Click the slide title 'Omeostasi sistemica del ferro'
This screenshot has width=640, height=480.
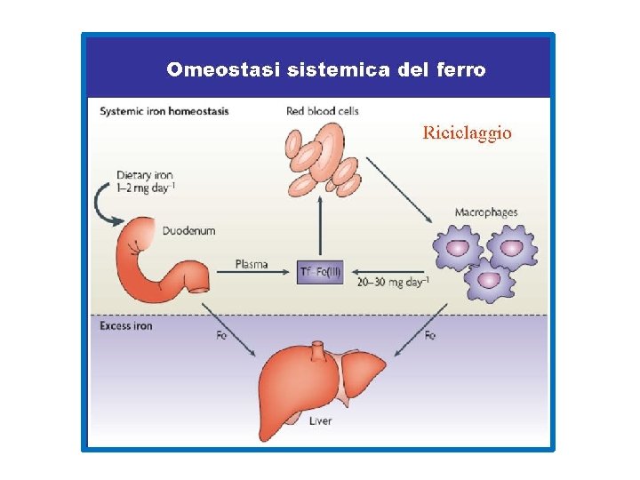325,69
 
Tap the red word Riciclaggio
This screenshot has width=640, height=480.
467,133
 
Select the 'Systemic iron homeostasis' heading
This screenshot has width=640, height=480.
164,111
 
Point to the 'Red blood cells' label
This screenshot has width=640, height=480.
322,111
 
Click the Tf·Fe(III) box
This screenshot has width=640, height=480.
321,272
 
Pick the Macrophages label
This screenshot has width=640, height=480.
485,213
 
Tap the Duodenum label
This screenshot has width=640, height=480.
188,231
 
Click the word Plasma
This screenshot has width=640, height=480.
252,264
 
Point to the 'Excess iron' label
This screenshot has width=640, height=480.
126,326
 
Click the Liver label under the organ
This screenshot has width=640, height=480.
320,420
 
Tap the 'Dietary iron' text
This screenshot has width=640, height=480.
145,175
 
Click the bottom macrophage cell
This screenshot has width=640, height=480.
488,281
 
